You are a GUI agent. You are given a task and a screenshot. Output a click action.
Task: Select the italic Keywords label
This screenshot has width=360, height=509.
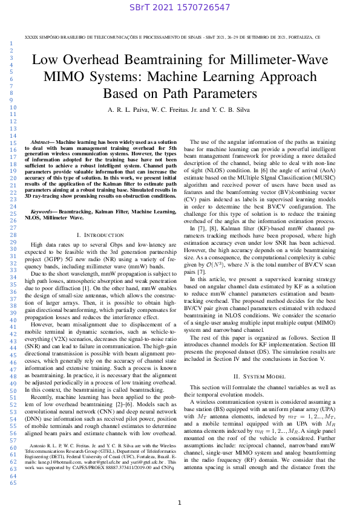[43, 212]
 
